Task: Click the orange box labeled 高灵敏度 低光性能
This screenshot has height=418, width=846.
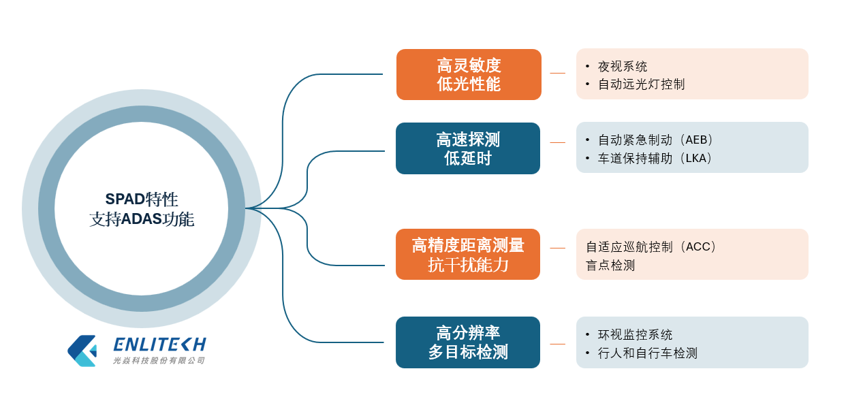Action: click(469, 74)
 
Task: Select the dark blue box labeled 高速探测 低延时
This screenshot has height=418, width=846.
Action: click(468, 148)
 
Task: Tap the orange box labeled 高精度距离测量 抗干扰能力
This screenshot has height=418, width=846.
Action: click(468, 254)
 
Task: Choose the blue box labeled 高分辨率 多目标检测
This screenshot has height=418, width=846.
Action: click(468, 342)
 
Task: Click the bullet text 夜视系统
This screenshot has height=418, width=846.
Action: click(623, 67)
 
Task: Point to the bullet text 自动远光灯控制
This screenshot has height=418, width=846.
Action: click(641, 84)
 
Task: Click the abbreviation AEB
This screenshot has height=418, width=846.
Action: click(696, 140)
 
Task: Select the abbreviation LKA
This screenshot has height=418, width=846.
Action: click(695, 158)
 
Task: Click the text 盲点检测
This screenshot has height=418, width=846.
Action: click(610, 265)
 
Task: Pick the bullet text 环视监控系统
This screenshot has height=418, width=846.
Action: click(635, 334)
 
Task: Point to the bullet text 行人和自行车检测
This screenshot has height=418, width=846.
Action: click(647, 353)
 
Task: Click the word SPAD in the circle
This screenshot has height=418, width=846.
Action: click(125, 199)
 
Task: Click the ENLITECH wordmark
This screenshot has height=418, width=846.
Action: click(160, 344)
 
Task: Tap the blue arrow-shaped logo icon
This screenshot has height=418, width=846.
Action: click(82, 351)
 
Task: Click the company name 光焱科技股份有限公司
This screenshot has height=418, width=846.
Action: click(159, 361)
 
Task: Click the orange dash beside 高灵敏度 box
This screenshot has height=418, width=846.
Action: click(557, 73)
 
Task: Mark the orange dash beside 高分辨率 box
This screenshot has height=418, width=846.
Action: click(557, 344)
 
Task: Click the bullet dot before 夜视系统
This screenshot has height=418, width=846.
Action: click(587, 66)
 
